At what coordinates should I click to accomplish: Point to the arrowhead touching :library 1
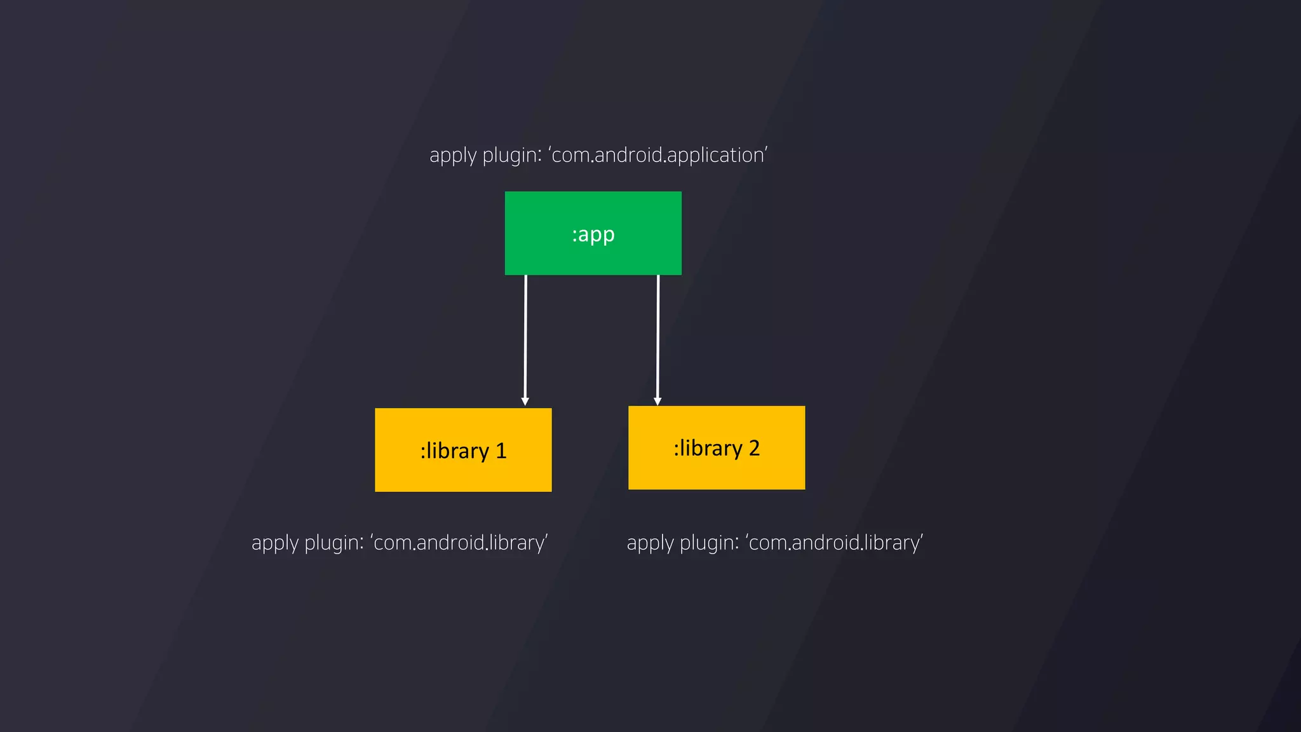pyautogui.click(x=525, y=402)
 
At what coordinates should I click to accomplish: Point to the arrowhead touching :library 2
pyautogui.click(x=657, y=401)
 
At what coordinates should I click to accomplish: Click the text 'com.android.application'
pyautogui.click(x=659, y=155)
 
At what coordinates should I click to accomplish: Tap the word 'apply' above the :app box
pyautogui.click(x=453, y=156)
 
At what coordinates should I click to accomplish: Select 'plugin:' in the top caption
pyautogui.click(x=512, y=156)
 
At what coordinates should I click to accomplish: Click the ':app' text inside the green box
pyautogui.click(x=593, y=234)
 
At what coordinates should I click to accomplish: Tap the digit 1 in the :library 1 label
pyautogui.click(x=501, y=451)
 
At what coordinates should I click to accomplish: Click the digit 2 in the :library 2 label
pyautogui.click(x=754, y=448)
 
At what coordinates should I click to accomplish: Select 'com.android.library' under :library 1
pyautogui.click(x=459, y=543)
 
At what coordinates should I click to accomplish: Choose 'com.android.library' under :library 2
pyautogui.click(x=835, y=543)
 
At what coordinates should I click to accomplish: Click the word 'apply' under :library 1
pyautogui.click(x=275, y=543)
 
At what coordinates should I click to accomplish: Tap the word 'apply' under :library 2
pyautogui.click(x=650, y=543)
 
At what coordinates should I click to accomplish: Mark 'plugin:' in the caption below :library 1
pyautogui.click(x=334, y=543)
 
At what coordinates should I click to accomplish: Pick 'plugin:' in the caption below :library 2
pyautogui.click(x=710, y=543)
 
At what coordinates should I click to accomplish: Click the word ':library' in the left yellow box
pyautogui.click(x=454, y=451)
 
